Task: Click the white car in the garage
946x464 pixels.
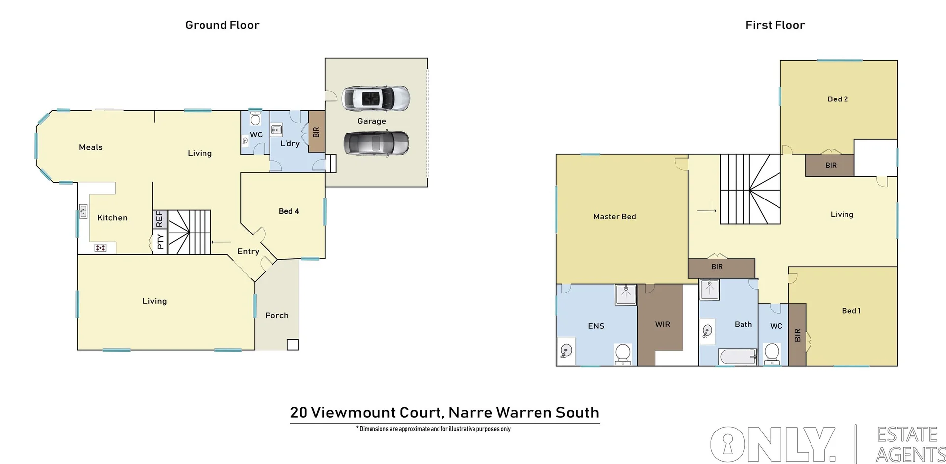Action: point(376,99)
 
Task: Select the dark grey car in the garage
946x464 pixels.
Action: point(376,143)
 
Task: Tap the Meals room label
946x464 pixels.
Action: point(91,147)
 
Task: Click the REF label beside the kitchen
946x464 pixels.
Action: point(159,219)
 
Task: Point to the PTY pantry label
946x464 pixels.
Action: point(160,242)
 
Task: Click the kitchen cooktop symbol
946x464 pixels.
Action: point(101,248)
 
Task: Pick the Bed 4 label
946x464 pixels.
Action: point(289,211)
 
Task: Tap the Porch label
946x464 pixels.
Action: point(277,316)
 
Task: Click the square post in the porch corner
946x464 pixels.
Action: point(293,345)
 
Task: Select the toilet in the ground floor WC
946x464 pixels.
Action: point(255,119)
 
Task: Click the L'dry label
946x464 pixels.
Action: point(290,143)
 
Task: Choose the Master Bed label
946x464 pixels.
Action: point(614,217)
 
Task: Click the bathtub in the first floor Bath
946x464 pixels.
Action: point(738,356)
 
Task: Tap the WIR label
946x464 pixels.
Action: point(663,324)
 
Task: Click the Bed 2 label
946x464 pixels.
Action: point(838,99)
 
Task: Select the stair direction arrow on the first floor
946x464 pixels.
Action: point(707,211)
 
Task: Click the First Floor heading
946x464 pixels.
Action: point(775,25)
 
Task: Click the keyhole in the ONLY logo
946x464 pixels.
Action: point(728,444)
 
